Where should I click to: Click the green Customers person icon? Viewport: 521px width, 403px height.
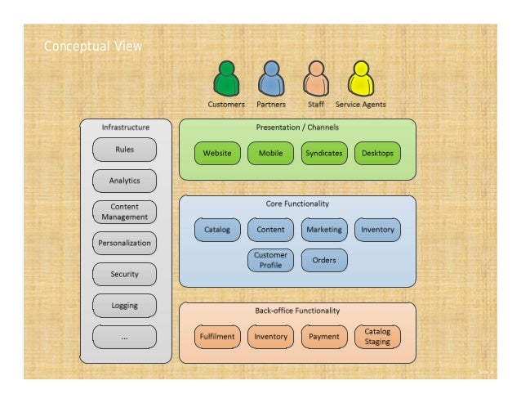(x=225, y=79)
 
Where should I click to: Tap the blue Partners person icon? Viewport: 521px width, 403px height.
(x=270, y=79)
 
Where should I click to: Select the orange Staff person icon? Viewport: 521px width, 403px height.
(x=316, y=79)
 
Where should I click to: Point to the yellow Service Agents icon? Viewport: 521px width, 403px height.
(x=360, y=79)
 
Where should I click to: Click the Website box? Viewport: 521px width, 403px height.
(x=216, y=153)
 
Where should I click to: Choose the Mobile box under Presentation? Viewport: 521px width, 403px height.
(x=270, y=153)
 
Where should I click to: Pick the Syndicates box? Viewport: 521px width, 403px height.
(x=323, y=153)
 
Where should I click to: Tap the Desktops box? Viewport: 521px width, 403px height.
(x=377, y=153)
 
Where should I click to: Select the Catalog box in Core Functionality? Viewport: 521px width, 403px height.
(x=216, y=230)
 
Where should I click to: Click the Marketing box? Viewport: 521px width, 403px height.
(x=323, y=230)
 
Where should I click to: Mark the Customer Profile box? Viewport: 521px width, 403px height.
(x=270, y=260)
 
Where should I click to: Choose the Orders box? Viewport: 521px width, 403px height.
(x=323, y=260)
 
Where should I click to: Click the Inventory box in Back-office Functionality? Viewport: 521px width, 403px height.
(x=270, y=336)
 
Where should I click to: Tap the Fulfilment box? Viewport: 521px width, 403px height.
(x=216, y=336)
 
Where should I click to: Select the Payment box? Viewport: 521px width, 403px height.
(x=323, y=336)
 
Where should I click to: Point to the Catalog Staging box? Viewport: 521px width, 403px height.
(x=377, y=336)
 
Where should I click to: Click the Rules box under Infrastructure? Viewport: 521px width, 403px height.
(x=124, y=150)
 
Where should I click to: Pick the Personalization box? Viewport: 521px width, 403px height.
(x=124, y=243)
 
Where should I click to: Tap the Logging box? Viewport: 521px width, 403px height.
(x=124, y=306)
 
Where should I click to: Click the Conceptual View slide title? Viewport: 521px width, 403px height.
(x=92, y=46)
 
